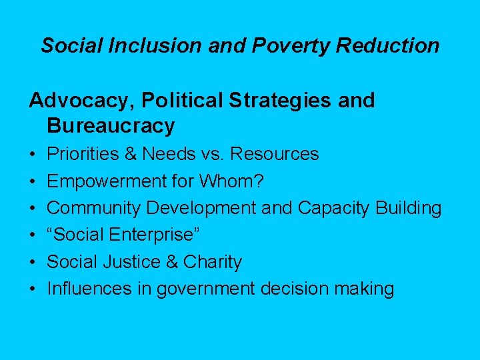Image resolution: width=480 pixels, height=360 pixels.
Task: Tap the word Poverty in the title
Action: tap(283, 45)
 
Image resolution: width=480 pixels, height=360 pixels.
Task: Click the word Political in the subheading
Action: tap(167, 101)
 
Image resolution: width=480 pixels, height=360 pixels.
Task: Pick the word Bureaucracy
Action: tap(111, 125)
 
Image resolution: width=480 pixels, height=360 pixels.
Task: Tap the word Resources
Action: tap(275, 154)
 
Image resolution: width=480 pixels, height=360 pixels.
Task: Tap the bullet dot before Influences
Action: tap(33, 289)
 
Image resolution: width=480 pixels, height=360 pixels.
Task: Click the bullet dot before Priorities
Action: tap(33, 154)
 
